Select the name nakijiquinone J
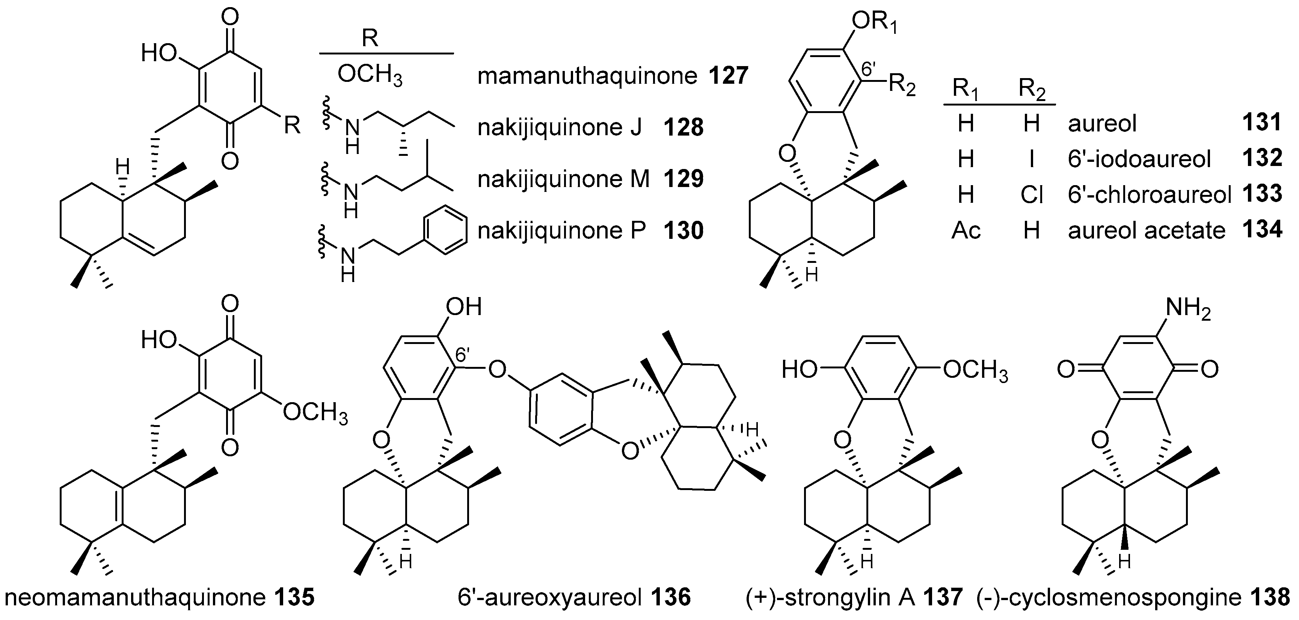click(559, 128)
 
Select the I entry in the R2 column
click(1031, 159)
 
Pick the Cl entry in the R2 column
click(1031, 194)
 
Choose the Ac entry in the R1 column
click(966, 230)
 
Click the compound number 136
click(671, 598)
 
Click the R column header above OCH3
click(371, 39)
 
